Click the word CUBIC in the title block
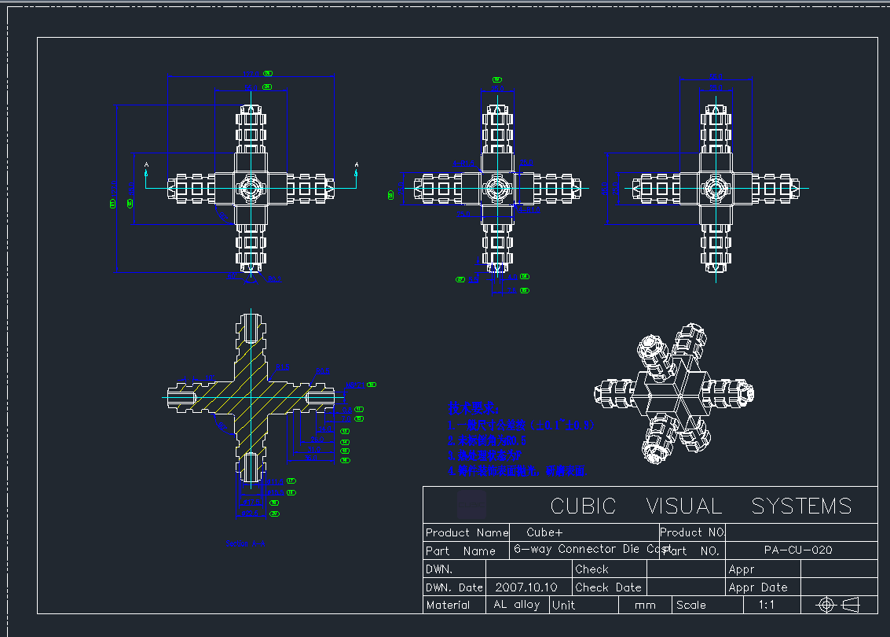[x=583, y=506]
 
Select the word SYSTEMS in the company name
[x=800, y=506]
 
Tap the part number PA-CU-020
[x=797, y=550]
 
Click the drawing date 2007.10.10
[x=526, y=587]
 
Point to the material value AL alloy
[x=516, y=605]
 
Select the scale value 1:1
[x=767, y=605]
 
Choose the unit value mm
[x=645, y=605]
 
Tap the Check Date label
[x=608, y=587]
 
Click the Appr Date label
[x=757, y=587]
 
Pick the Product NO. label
[x=692, y=532]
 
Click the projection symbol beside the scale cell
[x=838, y=605]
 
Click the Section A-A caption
[x=245, y=543]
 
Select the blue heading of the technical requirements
[x=473, y=408]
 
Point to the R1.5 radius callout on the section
[x=282, y=367]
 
